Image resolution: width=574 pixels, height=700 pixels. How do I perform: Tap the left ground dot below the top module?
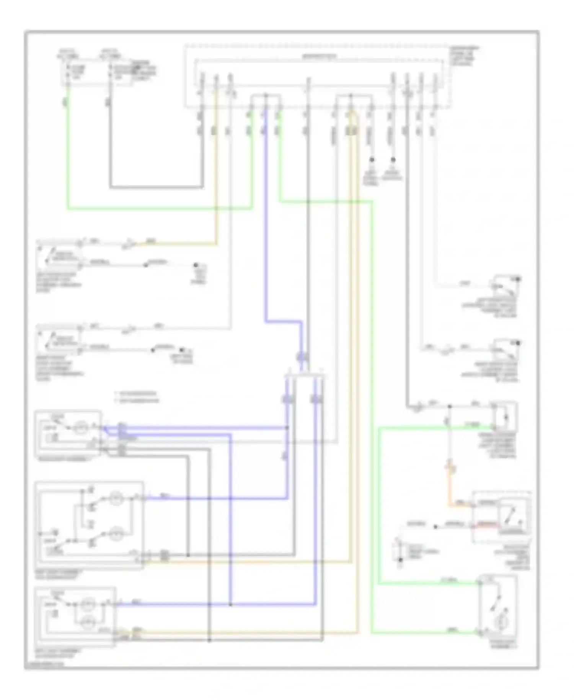click(x=371, y=160)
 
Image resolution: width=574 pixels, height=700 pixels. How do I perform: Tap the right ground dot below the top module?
click(x=393, y=160)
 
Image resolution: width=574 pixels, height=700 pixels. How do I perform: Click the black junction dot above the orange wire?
click(x=450, y=406)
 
